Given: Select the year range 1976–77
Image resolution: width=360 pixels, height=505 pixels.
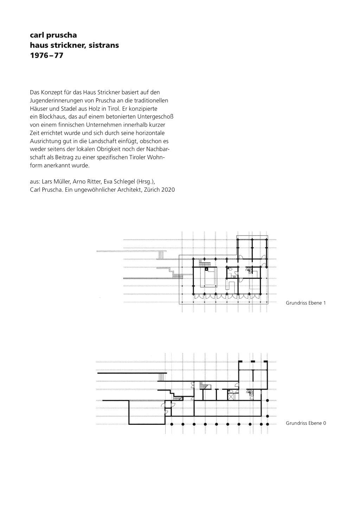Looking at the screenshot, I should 47,55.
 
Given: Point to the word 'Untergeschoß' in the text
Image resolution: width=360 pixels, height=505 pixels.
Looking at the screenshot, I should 159,117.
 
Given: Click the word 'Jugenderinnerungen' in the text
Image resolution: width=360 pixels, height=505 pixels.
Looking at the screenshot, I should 52,101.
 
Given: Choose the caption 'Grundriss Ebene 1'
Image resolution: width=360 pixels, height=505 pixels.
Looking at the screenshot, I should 306,303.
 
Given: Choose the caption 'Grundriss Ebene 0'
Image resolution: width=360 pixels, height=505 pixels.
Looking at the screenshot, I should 306,423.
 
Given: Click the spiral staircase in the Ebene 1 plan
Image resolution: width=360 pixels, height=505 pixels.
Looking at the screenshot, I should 249,271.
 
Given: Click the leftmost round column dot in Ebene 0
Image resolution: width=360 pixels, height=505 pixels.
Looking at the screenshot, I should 172,424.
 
